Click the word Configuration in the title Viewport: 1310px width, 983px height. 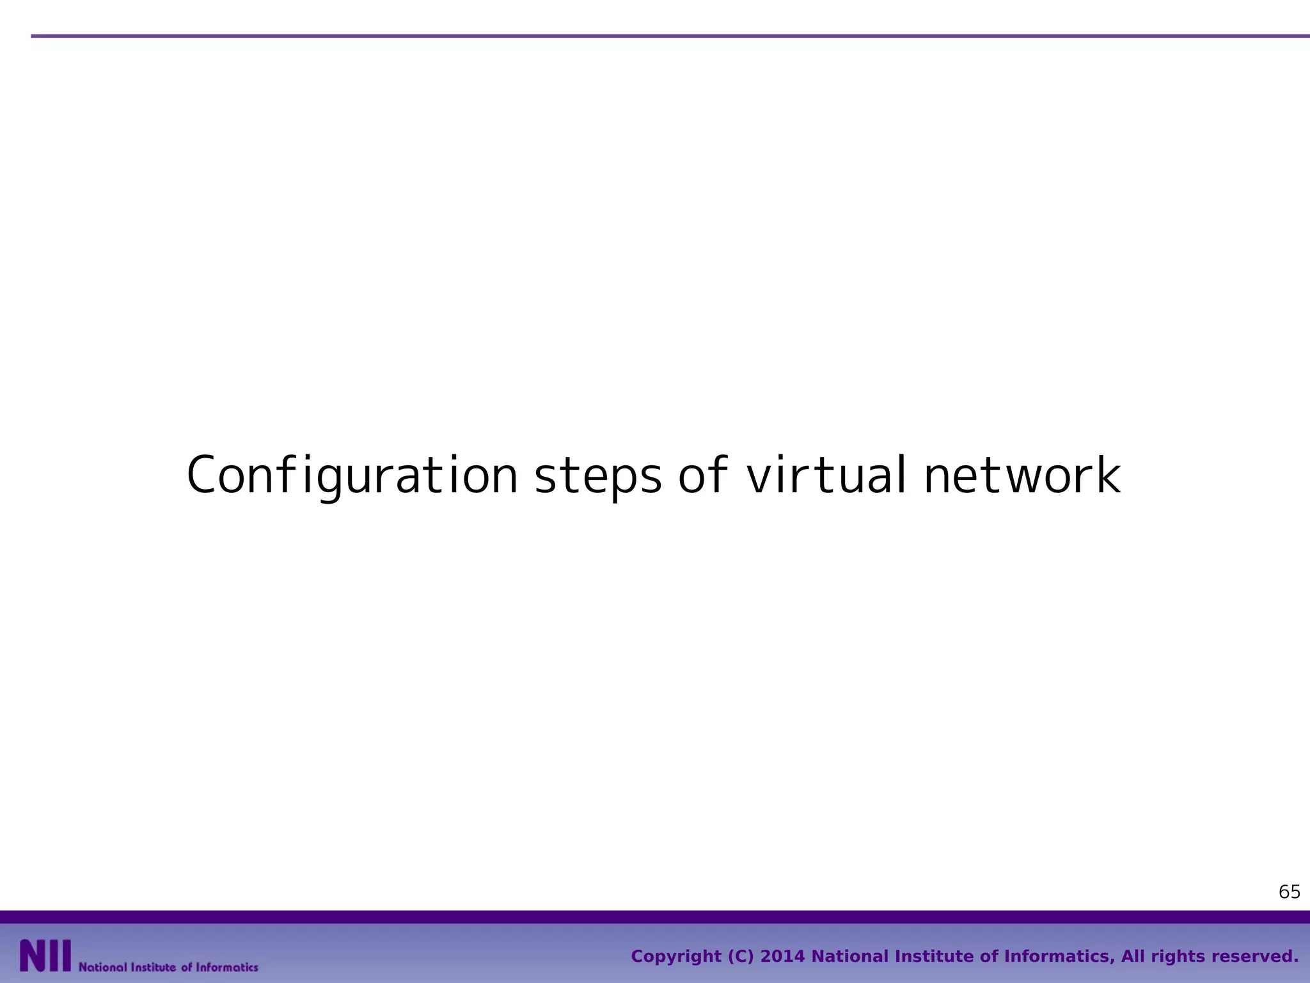click(x=352, y=476)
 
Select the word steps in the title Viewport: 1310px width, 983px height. click(x=598, y=477)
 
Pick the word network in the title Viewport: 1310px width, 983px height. click(x=1022, y=476)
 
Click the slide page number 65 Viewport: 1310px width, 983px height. click(x=1289, y=892)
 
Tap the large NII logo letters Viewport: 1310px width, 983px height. click(x=45, y=956)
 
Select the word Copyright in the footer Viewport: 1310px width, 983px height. click(x=675, y=957)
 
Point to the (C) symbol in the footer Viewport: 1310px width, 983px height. click(x=741, y=957)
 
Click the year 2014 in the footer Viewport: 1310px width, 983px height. click(x=782, y=957)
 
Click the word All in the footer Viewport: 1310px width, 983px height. click(x=1133, y=957)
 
